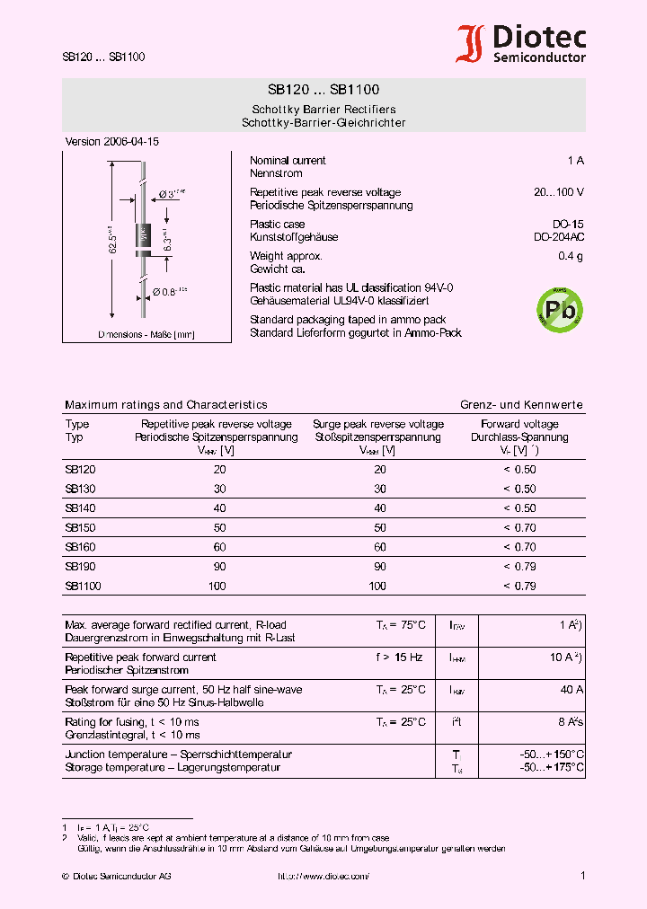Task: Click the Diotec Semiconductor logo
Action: point(521,43)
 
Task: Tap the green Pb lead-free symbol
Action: point(559,311)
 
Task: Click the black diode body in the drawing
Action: point(142,236)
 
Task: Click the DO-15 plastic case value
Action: point(568,225)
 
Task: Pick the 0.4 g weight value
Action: point(570,257)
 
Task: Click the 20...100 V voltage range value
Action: point(558,192)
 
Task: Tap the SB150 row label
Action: point(80,527)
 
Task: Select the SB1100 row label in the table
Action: point(83,587)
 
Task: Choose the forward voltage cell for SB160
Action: point(519,547)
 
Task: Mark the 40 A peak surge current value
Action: point(572,690)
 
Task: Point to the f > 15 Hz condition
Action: point(399,657)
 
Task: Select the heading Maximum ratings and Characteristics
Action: point(166,405)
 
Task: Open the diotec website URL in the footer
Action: point(323,876)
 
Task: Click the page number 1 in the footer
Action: point(582,876)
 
